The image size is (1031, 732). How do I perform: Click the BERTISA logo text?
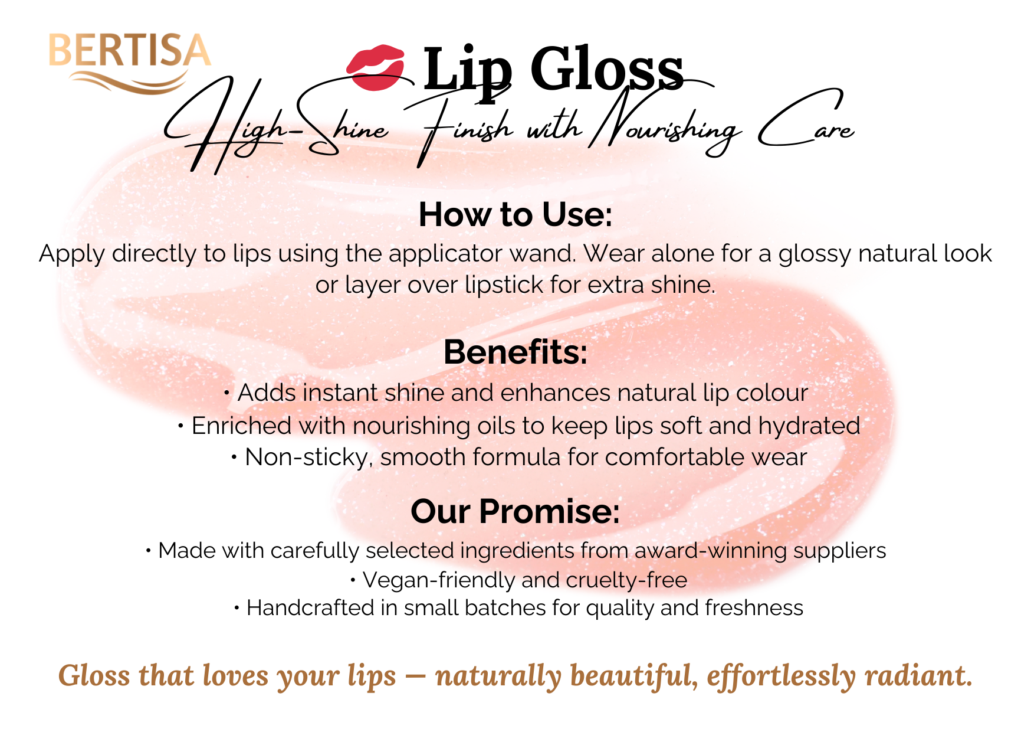tap(129, 50)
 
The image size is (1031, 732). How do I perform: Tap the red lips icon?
tap(376, 68)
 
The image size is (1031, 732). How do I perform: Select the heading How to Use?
tap(515, 214)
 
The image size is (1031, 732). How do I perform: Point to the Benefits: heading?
tap(515, 352)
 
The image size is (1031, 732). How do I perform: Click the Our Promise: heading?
tap(515, 511)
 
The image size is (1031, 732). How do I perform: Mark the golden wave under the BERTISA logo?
tap(129, 81)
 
